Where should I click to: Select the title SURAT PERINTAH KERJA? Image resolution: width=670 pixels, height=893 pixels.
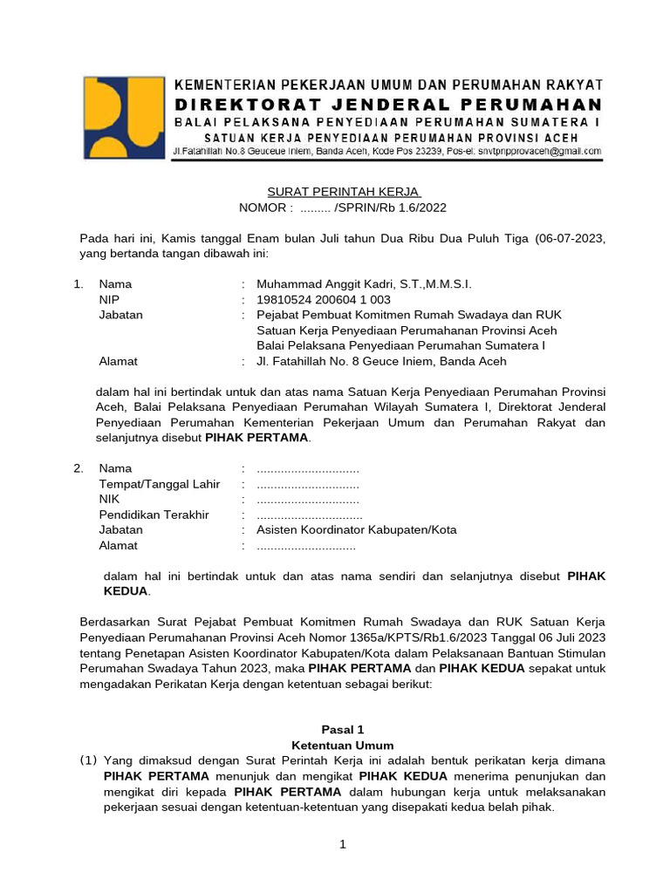343,192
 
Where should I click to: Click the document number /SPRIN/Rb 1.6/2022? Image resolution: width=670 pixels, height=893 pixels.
384,208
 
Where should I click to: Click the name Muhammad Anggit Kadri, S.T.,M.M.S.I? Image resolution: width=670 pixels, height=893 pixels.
364,284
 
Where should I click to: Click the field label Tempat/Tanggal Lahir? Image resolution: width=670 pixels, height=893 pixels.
160,484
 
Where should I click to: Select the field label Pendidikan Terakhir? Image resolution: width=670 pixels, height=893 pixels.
154,515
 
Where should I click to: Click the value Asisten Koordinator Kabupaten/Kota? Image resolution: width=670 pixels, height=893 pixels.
357,530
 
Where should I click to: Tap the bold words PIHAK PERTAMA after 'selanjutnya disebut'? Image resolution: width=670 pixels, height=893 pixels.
256,438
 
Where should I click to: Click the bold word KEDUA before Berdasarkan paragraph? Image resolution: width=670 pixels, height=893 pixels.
126,591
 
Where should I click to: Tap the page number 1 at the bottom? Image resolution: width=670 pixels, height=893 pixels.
343,844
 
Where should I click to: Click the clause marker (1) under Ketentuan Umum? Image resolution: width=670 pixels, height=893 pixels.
89,760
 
